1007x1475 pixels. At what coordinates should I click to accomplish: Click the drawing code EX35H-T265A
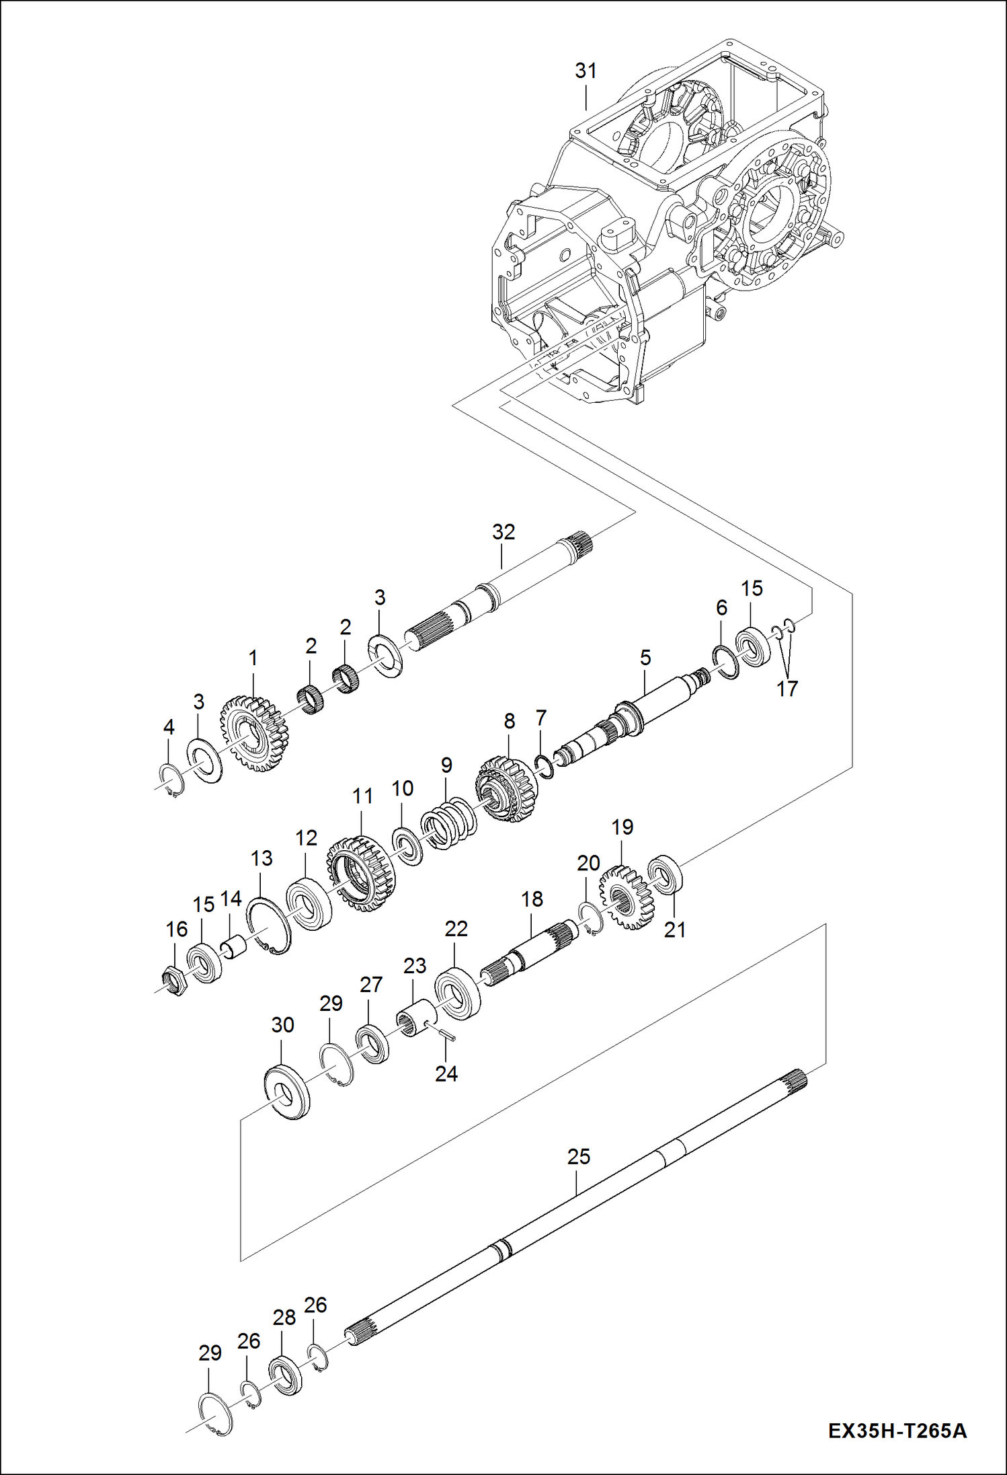click(x=897, y=1430)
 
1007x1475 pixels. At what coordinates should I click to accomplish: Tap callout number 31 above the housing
click(x=586, y=71)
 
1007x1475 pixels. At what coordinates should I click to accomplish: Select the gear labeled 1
click(x=255, y=734)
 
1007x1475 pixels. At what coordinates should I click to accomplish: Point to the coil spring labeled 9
click(x=448, y=823)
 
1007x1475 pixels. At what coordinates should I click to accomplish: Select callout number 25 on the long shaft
click(x=578, y=1157)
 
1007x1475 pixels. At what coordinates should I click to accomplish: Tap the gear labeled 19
click(x=627, y=897)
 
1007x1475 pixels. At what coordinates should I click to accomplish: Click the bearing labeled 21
click(x=666, y=874)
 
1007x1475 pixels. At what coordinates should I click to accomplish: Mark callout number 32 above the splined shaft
click(x=503, y=531)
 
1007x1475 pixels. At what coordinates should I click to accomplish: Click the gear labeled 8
click(x=508, y=788)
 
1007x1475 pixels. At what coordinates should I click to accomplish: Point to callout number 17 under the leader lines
click(x=787, y=689)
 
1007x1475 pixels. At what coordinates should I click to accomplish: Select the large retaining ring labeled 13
click(x=269, y=925)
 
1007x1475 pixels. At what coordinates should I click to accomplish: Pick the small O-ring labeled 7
click(x=545, y=765)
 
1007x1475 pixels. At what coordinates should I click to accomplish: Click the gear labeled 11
click(x=362, y=873)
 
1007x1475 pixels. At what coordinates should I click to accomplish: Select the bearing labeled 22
click(x=458, y=993)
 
